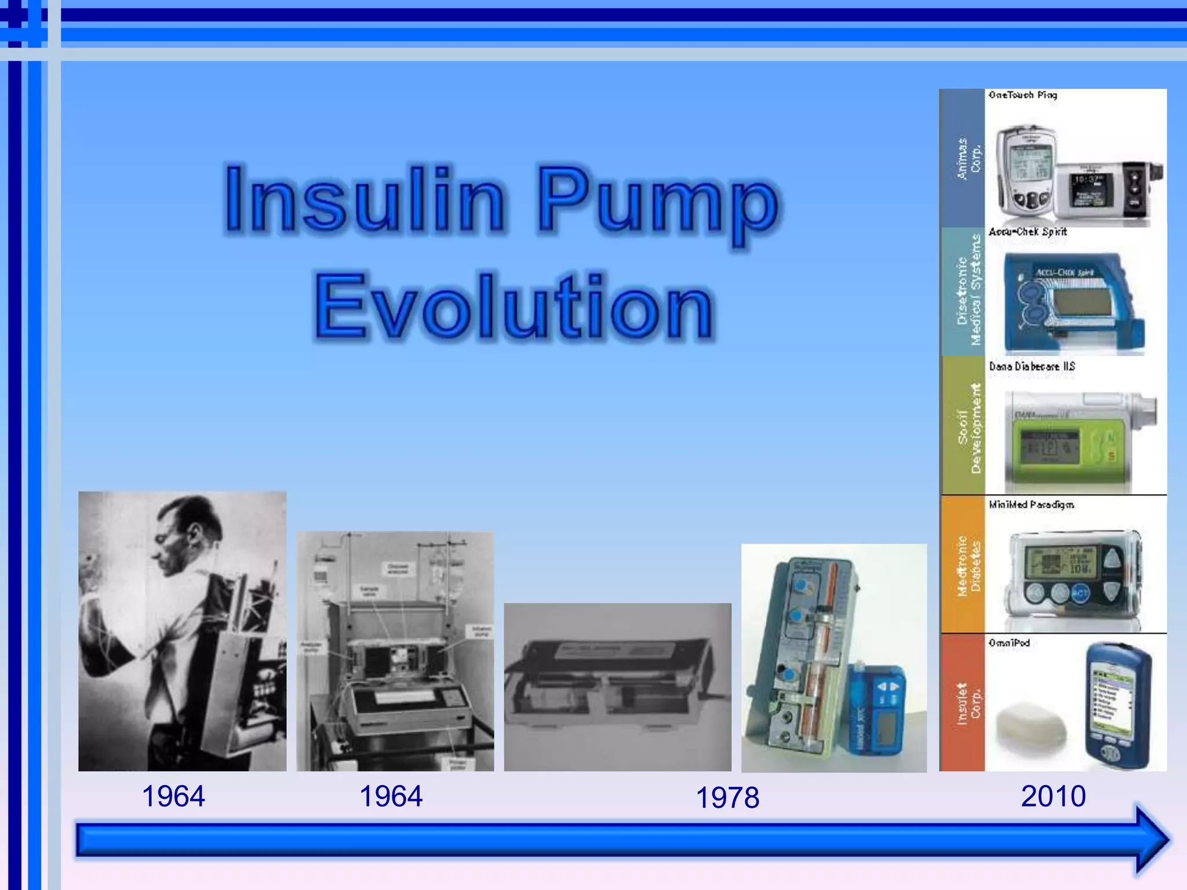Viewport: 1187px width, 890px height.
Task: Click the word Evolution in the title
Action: point(514,306)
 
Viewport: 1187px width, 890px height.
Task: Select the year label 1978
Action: point(727,798)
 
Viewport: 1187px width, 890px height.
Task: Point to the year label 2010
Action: point(1053,796)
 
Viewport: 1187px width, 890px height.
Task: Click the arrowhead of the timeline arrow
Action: point(1150,839)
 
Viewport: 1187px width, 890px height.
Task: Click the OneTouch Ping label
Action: point(1023,95)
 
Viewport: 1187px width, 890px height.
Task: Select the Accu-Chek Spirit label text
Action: point(1028,232)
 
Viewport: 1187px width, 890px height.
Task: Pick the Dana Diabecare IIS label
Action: point(1032,366)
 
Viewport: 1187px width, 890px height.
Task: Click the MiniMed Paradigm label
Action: point(1031,505)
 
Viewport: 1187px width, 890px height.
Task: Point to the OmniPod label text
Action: point(1009,643)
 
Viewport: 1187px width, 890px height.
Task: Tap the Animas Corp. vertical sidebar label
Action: point(968,159)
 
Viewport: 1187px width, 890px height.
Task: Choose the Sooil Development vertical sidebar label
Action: point(968,427)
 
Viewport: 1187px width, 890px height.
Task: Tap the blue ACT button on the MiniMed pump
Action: point(1080,593)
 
